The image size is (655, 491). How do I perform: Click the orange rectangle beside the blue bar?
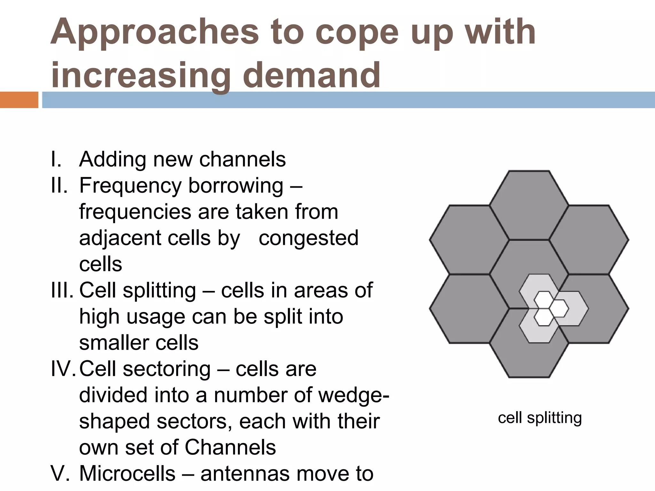(19, 100)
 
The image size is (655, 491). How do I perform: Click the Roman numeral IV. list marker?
(63, 369)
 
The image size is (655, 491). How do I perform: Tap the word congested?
(308, 238)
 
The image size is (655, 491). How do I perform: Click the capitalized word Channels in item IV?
(230, 447)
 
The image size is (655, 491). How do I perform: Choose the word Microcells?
(127, 473)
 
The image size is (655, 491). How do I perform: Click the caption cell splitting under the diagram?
(540, 418)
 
